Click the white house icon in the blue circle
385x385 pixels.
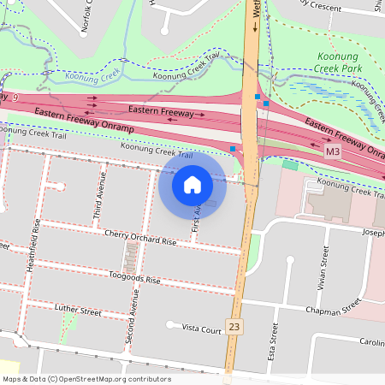click(x=192, y=184)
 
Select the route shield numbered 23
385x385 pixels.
click(x=234, y=326)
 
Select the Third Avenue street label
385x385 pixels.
click(x=102, y=191)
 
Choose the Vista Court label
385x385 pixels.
click(x=202, y=328)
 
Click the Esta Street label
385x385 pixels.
click(x=274, y=341)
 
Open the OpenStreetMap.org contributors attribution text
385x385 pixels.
click(x=86, y=379)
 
